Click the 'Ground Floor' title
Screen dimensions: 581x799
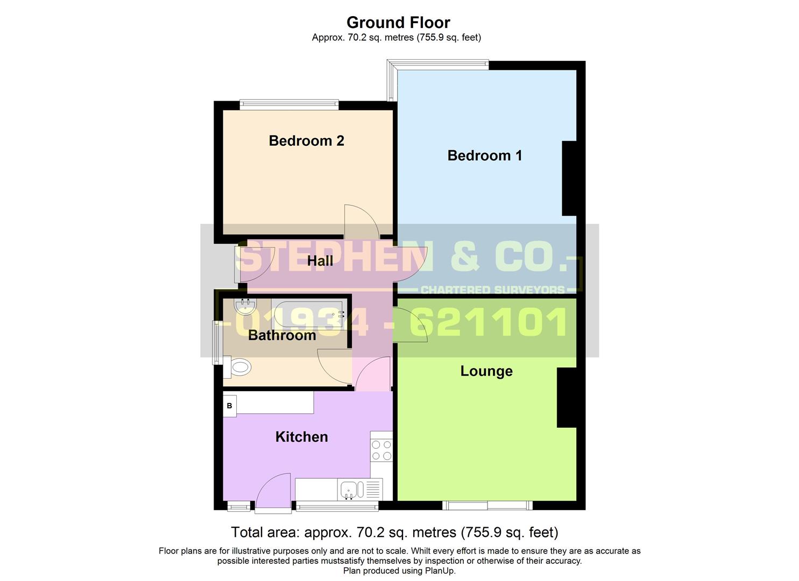(398, 23)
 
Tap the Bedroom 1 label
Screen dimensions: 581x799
(484, 155)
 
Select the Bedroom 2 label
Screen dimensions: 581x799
(306, 141)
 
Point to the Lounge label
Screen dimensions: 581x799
(486, 371)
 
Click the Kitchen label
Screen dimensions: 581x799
(301, 437)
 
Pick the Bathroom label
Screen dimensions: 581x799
(282, 335)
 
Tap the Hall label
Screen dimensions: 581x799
(320, 261)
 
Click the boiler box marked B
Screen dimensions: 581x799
(230, 406)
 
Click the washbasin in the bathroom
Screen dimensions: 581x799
(245, 307)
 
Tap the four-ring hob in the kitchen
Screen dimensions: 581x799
(381, 450)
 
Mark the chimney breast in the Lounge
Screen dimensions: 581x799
(566, 398)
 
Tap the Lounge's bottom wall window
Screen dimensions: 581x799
(487, 505)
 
